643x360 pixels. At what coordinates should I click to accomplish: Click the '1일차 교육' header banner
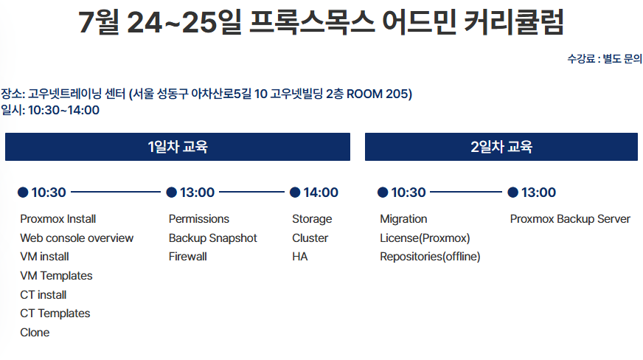click(178, 146)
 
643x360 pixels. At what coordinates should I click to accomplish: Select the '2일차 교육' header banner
click(501, 146)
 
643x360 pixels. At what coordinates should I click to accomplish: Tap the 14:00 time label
click(321, 193)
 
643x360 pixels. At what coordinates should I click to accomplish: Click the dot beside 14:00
click(295, 193)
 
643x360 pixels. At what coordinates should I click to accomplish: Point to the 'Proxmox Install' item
click(58, 219)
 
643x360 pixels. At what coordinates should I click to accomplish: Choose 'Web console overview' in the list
click(77, 238)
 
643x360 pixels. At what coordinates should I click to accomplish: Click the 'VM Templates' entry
click(56, 276)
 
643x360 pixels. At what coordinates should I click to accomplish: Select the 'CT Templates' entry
click(55, 314)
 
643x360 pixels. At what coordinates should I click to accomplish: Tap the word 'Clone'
click(35, 332)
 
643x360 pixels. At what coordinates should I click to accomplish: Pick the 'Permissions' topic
click(199, 219)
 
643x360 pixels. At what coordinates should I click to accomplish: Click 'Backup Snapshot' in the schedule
click(213, 238)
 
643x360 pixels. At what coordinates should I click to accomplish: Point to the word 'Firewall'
click(188, 257)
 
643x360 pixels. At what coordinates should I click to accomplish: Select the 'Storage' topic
click(312, 219)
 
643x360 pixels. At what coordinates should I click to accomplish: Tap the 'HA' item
click(300, 257)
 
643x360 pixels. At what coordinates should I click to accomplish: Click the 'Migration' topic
click(403, 219)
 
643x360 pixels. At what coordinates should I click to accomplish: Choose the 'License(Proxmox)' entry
click(425, 238)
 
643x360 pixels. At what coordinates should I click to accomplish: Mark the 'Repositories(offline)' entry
click(430, 257)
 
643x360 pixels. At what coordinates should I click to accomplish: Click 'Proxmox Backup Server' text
click(570, 219)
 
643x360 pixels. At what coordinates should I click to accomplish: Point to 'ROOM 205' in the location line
click(378, 94)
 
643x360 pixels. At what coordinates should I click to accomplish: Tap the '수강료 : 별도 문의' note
click(605, 58)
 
